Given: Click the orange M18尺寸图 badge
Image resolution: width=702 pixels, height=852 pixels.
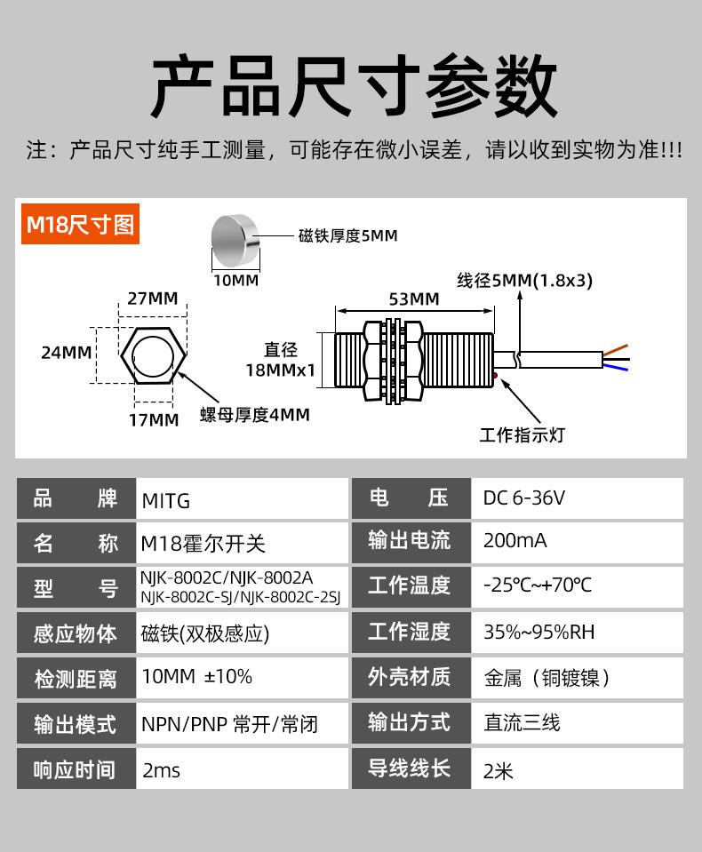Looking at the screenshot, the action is (x=80, y=224).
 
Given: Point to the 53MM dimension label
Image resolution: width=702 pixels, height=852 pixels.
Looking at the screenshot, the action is (x=414, y=299).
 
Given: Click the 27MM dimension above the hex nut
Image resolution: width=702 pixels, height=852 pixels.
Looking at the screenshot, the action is (x=153, y=299).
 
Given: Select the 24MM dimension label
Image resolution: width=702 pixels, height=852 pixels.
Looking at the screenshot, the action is (x=67, y=353).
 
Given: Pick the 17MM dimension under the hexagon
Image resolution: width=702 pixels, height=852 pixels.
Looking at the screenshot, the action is (x=154, y=420).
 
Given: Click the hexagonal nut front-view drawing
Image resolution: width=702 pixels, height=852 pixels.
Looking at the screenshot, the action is (x=153, y=355).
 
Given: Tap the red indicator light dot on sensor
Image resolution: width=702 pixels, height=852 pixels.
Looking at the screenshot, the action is (x=495, y=376).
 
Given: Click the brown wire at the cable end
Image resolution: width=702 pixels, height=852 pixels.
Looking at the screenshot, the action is (x=616, y=350).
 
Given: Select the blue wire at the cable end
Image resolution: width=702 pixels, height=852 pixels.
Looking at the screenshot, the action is (x=616, y=367).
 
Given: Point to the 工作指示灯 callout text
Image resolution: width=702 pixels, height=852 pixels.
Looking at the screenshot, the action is (x=523, y=434).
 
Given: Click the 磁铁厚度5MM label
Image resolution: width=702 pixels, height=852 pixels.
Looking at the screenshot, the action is (x=348, y=235).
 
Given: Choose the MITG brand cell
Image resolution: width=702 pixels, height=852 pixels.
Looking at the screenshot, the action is (x=165, y=500).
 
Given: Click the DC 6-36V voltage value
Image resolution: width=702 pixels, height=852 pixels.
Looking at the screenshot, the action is (x=523, y=498).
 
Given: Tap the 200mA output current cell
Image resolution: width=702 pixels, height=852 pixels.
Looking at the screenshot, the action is (x=515, y=541).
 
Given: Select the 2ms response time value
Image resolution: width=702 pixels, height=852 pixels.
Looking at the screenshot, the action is (x=161, y=770).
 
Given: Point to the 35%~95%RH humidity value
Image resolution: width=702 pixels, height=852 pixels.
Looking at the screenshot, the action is (x=539, y=632).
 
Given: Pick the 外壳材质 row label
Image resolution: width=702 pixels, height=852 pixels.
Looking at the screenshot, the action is (x=409, y=677).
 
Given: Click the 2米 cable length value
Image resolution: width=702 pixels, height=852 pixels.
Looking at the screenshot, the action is (x=499, y=771).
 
